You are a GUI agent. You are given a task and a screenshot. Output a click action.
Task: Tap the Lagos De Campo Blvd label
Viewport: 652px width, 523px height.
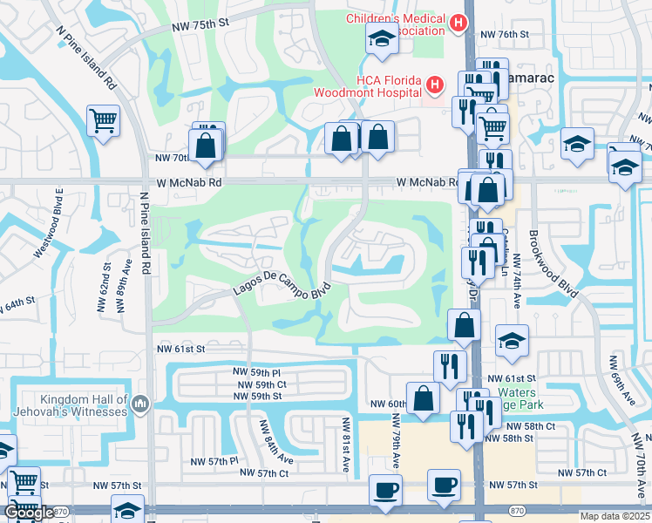tap(282, 291)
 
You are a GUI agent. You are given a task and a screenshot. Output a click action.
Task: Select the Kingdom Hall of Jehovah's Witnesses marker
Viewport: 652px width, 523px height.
tap(141, 403)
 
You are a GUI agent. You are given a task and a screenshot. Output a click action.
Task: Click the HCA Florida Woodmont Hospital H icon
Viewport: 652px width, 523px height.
tap(434, 85)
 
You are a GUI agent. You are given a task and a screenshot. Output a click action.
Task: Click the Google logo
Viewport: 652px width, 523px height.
tap(28, 513)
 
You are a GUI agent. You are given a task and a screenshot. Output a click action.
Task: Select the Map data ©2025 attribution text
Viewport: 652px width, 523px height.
tap(615, 516)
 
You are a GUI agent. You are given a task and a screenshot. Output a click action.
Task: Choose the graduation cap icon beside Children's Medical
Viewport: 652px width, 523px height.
tap(380, 38)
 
